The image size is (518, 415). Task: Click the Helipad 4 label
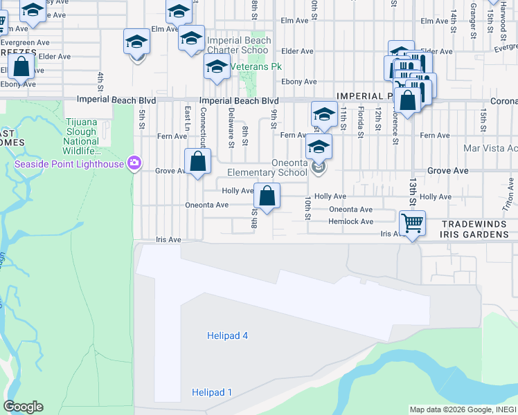227,336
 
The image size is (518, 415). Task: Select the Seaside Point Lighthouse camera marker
134,164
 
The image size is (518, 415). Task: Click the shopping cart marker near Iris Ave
412,224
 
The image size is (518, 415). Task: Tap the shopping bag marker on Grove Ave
198,162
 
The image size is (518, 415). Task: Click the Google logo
24,407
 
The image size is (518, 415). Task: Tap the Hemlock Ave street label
351,222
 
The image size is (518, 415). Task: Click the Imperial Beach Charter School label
239,45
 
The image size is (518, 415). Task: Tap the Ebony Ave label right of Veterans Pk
299,82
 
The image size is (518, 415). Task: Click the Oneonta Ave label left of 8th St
206,205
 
